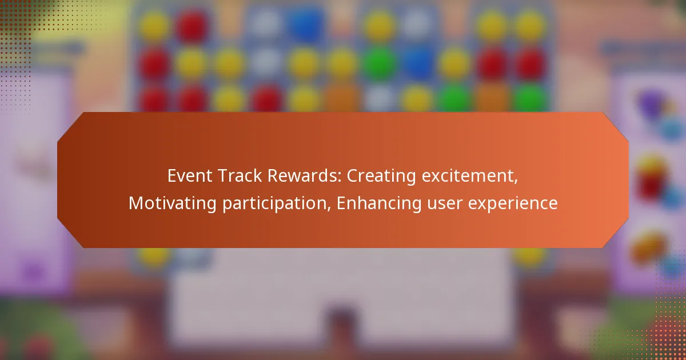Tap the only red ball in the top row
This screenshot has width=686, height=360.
coord(192,25)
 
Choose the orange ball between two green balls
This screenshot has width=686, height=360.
coord(492,98)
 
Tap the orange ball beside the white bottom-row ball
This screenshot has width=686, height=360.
coord(343,98)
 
